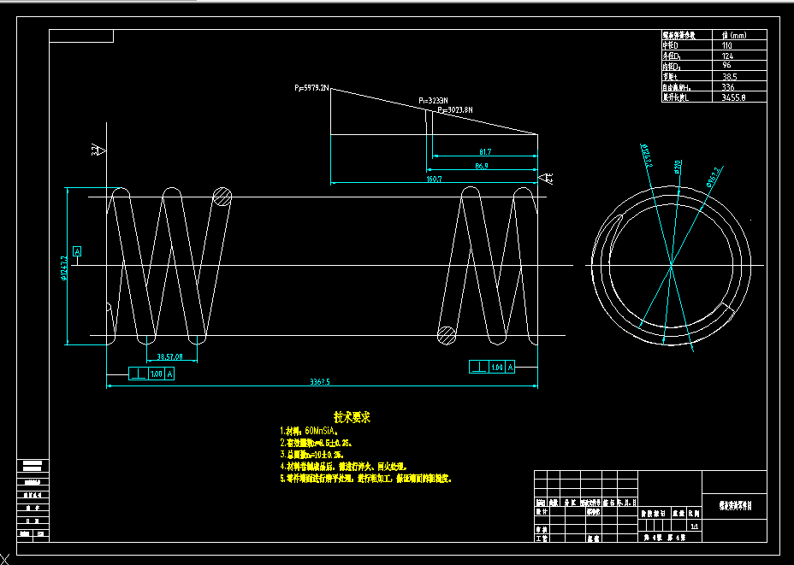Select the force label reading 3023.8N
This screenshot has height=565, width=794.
(x=455, y=110)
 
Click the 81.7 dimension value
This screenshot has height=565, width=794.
(x=484, y=151)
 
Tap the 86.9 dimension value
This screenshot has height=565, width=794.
(x=481, y=166)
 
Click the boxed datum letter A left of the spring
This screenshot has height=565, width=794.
(x=77, y=251)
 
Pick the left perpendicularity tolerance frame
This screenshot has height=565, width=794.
(x=151, y=374)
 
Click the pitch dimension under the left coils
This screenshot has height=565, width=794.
(x=170, y=356)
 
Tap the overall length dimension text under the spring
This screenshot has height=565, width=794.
(x=320, y=382)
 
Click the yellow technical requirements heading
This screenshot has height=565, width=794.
(x=352, y=418)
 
